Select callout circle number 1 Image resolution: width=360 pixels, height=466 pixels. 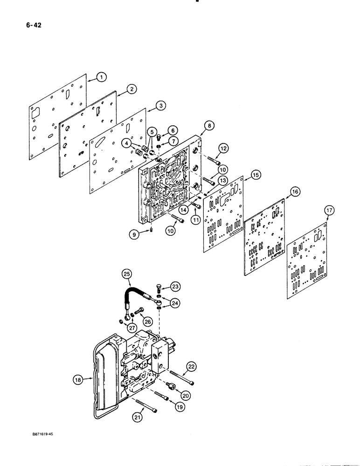tap(102, 77)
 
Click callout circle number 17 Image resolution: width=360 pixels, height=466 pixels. tap(329, 211)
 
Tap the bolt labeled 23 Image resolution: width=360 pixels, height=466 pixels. tap(157, 286)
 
